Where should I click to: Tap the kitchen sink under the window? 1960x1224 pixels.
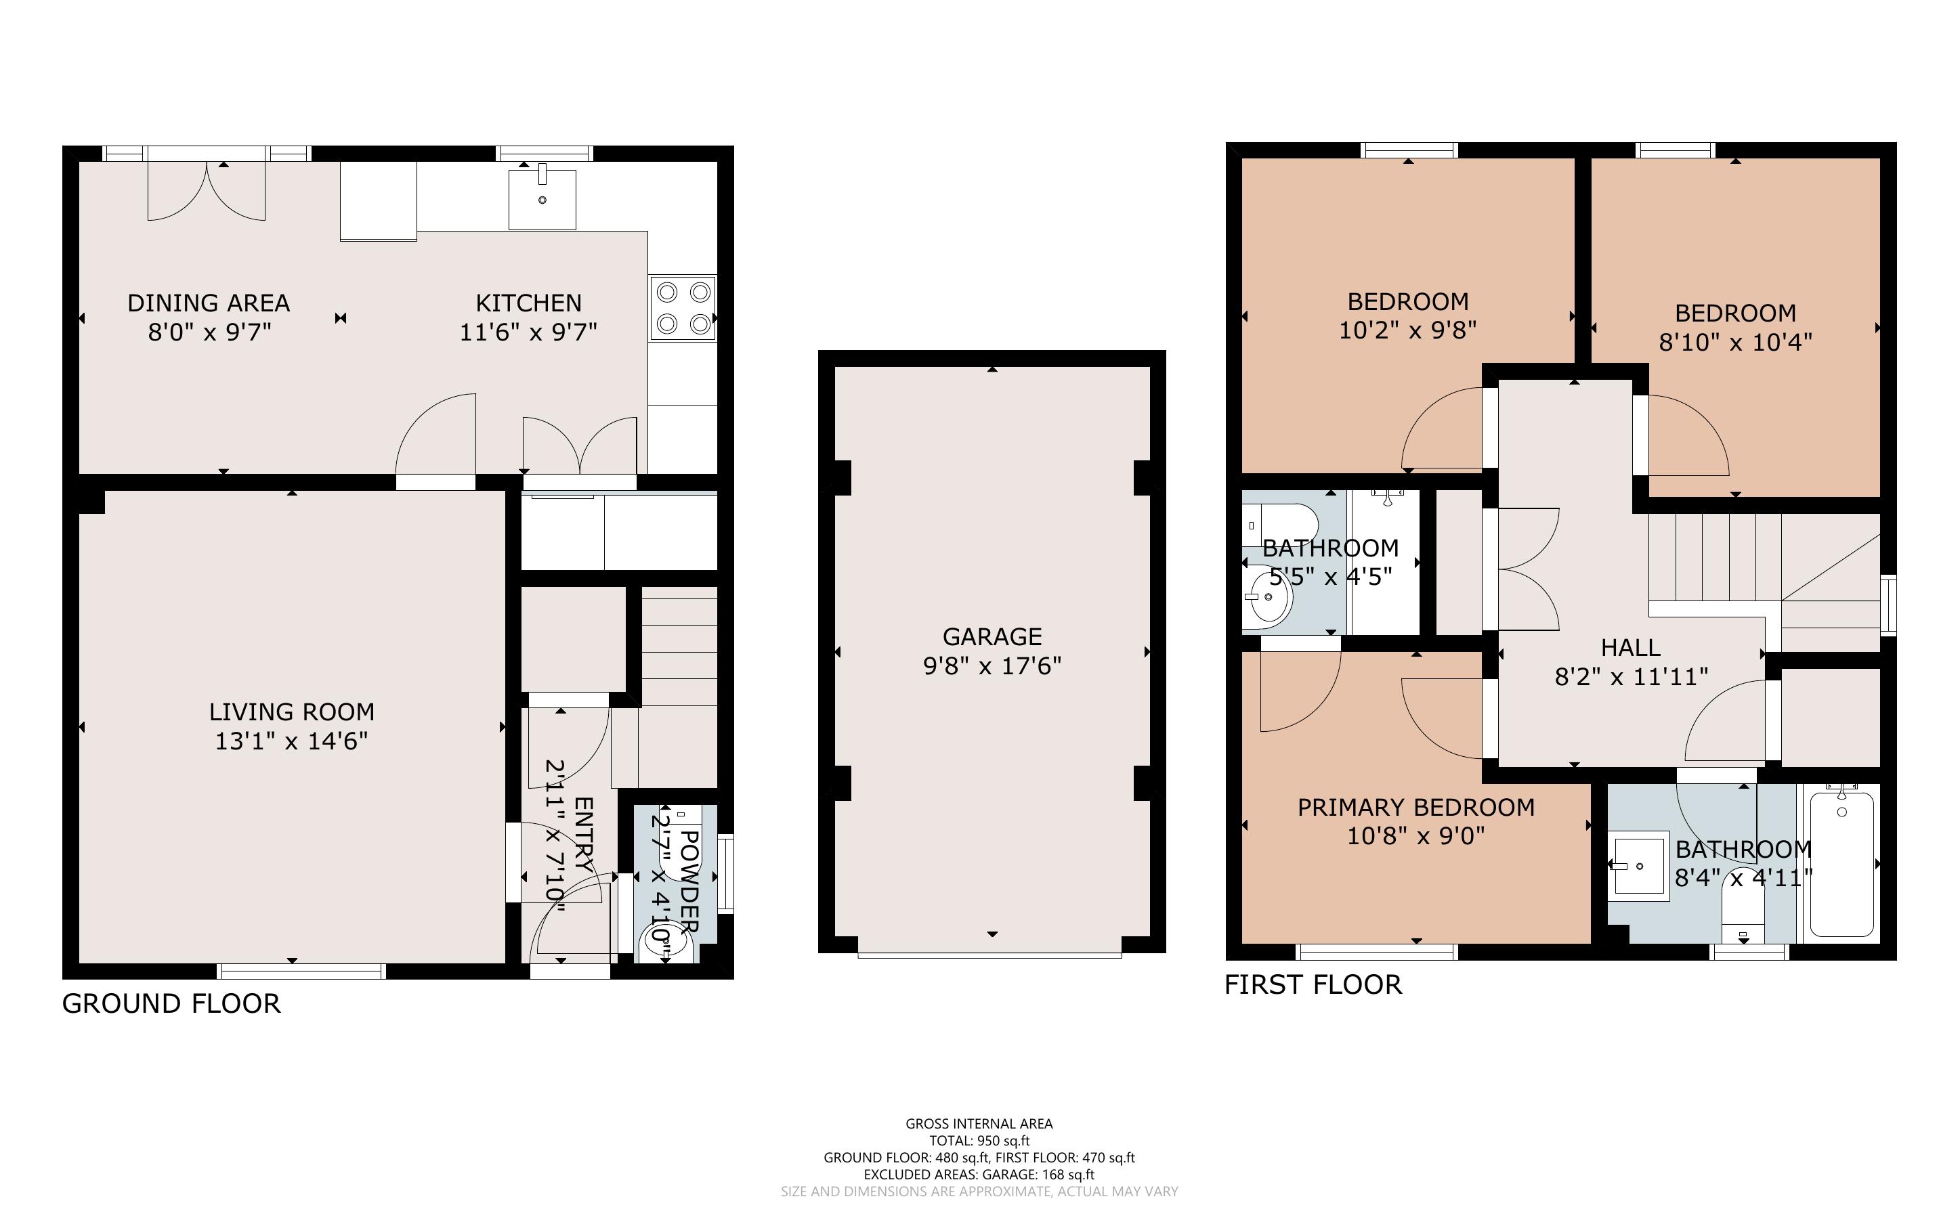[542, 199]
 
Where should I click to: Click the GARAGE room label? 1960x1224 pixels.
[992, 636]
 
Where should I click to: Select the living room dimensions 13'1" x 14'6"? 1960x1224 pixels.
[291, 741]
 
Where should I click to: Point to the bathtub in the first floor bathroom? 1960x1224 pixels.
[1841, 864]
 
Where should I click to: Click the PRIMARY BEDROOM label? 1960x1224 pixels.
[1416, 807]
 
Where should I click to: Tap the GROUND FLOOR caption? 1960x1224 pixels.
[171, 1004]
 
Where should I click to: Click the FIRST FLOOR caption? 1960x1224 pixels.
[1313, 984]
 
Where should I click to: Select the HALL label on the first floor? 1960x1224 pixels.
[1630, 648]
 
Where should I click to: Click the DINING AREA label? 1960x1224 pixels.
[209, 303]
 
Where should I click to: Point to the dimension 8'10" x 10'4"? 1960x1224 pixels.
[1735, 342]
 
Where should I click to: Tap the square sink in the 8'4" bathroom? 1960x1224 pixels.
[1638, 865]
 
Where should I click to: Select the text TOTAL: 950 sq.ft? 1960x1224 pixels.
[979, 1141]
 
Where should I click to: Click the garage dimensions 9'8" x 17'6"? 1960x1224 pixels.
[992, 665]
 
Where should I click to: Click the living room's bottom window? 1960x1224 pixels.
[301, 971]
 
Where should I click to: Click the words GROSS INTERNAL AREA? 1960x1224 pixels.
[979, 1124]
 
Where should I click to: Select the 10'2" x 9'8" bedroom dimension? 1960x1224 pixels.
[1408, 330]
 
